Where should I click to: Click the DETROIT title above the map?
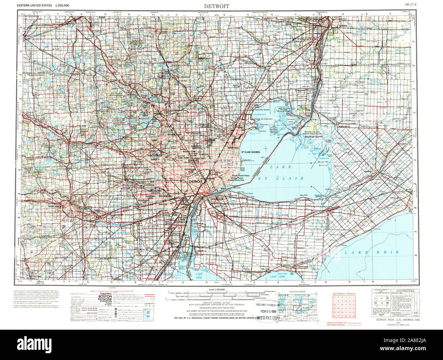click(x=216, y=6)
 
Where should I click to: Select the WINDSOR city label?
click(x=217, y=199)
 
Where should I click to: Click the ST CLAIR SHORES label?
click(x=250, y=152)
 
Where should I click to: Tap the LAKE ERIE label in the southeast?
click(x=371, y=252)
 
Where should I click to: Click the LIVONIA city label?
click(x=149, y=185)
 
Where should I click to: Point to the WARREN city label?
click(x=209, y=140)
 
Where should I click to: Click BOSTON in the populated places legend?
click(x=105, y=297)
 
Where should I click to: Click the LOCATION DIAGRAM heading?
click(x=297, y=292)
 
